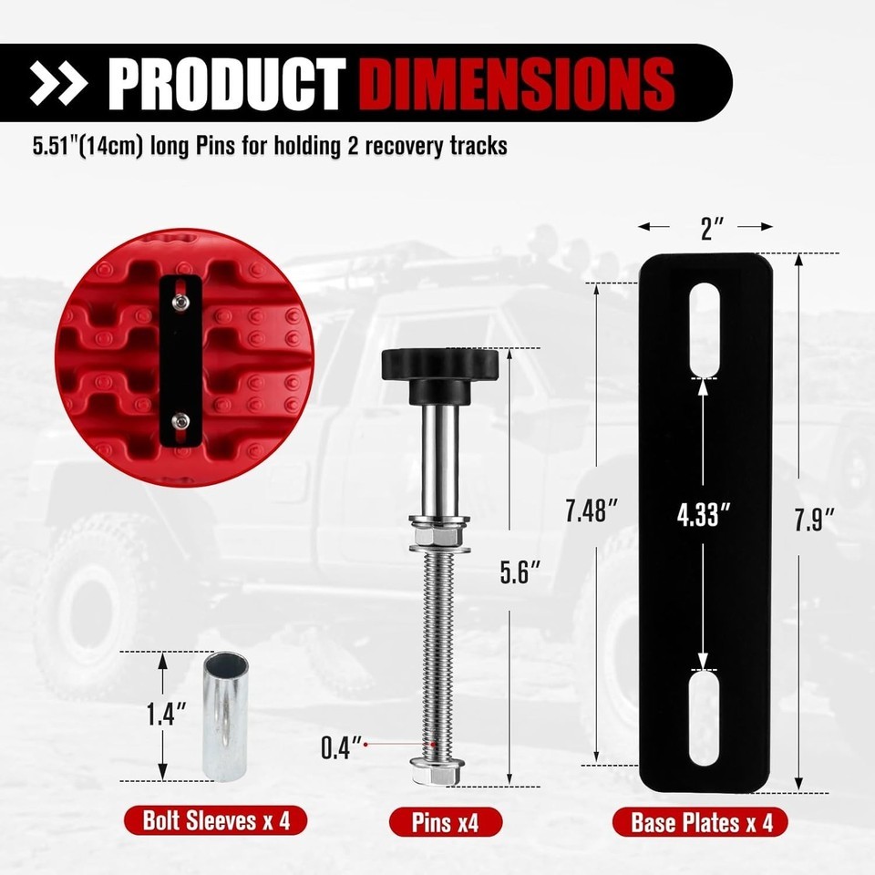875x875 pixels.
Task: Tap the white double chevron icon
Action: click(58, 83)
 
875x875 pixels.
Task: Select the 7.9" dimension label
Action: click(814, 520)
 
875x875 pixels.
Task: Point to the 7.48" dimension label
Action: click(591, 510)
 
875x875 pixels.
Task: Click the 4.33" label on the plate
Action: click(703, 514)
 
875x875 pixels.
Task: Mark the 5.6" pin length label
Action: click(520, 572)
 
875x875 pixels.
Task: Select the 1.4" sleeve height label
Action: click(166, 714)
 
